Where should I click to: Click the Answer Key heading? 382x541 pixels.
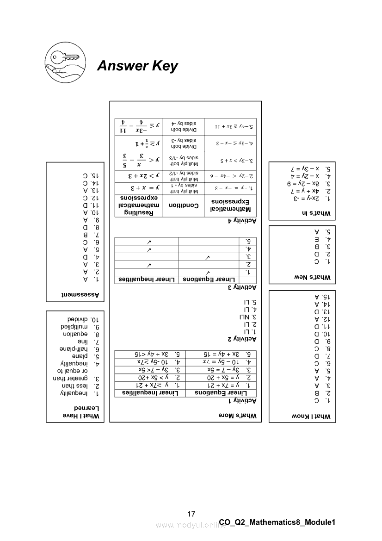click(x=137, y=66)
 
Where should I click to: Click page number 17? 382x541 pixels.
click(x=191, y=514)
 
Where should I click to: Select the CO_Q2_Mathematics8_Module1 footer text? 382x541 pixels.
click(x=277, y=522)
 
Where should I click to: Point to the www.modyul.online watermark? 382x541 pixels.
click(x=187, y=525)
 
